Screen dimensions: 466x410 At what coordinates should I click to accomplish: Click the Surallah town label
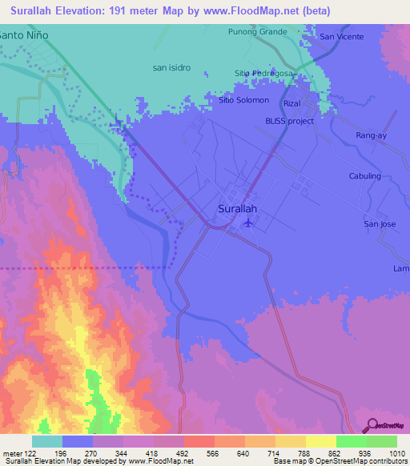238,208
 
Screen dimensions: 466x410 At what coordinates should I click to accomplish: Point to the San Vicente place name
342,37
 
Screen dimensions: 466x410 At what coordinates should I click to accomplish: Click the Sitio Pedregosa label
264,73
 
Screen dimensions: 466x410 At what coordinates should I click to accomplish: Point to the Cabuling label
365,176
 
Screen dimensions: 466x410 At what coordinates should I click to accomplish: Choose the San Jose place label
380,223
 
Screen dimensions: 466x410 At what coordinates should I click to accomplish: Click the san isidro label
171,68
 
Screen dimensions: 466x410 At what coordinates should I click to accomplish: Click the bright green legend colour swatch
351,441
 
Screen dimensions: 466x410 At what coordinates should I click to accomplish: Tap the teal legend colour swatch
47,441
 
